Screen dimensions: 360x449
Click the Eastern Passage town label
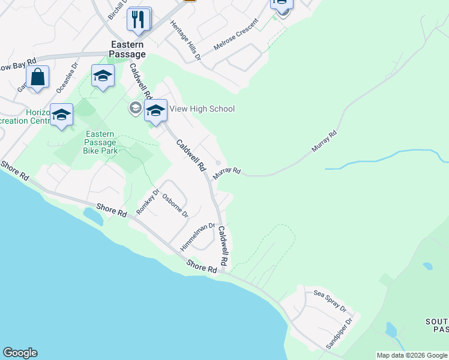pyautogui.click(x=127, y=49)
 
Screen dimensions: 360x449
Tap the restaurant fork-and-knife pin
pyautogui.click(x=139, y=19)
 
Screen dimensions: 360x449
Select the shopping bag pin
pyautogui.click(x=37, y=77)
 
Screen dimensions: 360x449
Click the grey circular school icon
pyautogui.click(x=134, y=109)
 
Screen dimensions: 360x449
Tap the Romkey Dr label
pyautogui.click(x=148, y=201)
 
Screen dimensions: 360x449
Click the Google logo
pyautogui.click(x=20, y=353)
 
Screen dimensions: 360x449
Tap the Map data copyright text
pyautogui.click(x=412, y=355)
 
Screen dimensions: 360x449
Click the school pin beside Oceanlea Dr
pyautogui.click(x=103, y=76)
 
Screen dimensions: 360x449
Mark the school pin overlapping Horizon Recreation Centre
pyautogui.click(x=62, y=115)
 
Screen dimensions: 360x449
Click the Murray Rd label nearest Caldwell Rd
pyautogui.click(x=227, y=172)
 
